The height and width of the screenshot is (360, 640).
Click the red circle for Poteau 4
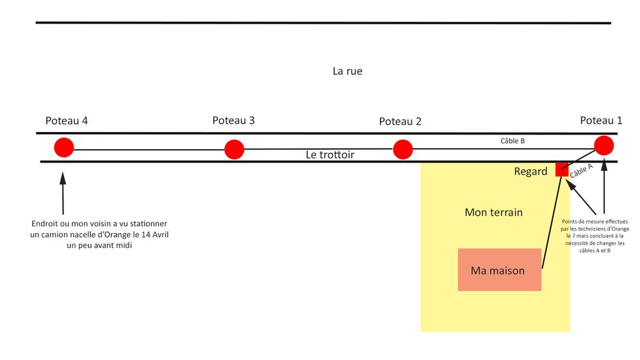63,147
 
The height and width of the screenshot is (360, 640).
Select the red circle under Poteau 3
234,149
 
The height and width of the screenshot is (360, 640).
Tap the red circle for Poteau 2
402,149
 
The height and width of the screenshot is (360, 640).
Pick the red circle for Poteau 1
604,145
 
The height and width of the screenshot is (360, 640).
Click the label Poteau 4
66,120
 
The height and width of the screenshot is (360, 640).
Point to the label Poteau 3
233,120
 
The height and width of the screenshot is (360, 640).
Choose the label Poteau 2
400,121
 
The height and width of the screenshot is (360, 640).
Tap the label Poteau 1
601,120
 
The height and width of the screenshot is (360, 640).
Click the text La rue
347,71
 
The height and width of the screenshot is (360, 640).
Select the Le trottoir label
329,155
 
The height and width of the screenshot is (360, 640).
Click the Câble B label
513,140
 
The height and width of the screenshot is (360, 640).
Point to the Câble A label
581,170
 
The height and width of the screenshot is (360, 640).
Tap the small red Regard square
562,170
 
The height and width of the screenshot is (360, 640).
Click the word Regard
530,172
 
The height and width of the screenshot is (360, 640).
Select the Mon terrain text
493,212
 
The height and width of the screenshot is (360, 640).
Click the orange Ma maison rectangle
499,270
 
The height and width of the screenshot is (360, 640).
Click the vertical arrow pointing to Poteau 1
604,186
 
